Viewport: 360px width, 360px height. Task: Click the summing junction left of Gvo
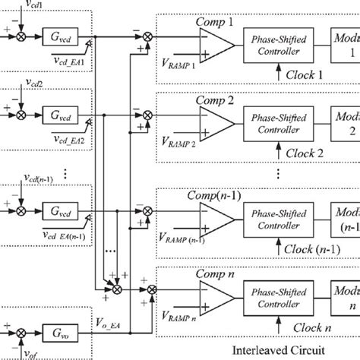pyautogui.click(x=22, y=333)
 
